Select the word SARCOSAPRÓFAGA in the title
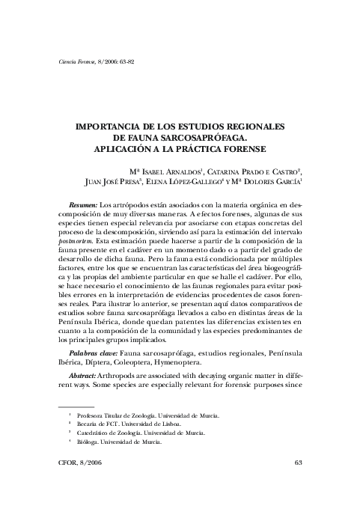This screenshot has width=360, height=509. point(203,138)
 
